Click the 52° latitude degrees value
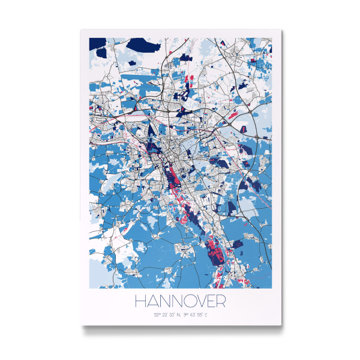pyautogui.click(x=157, y=314)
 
